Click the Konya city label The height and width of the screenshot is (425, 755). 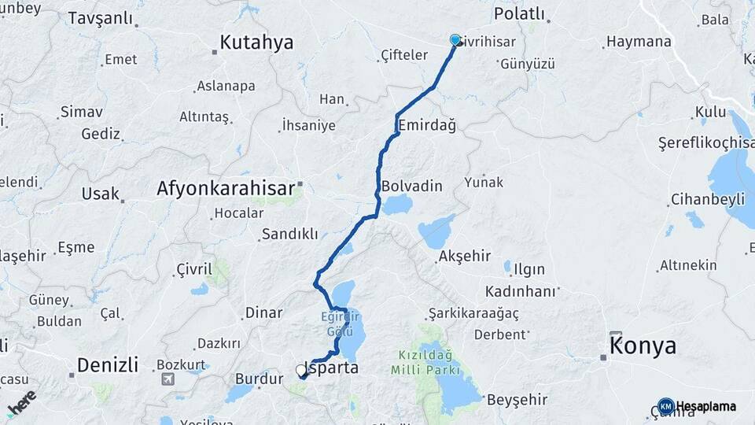[643, 346]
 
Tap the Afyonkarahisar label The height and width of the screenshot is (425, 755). [226, 188]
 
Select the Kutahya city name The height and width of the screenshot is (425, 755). [256, 42]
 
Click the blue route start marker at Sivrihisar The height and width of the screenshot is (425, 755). [455, 40]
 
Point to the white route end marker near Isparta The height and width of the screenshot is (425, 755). [301, 370]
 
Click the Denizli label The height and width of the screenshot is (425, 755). [108, 365]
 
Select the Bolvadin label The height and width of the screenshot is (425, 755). [411, 187]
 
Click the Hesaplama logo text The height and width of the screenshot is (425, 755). [705, 406]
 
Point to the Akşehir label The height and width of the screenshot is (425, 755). [465, 257]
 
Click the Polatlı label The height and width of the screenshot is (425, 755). [519, 13]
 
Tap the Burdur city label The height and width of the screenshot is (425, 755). [259, 379]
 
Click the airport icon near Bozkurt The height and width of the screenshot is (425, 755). [168, 379]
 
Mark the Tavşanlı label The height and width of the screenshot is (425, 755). [101, 18]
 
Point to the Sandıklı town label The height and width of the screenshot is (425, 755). [289, 234]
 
